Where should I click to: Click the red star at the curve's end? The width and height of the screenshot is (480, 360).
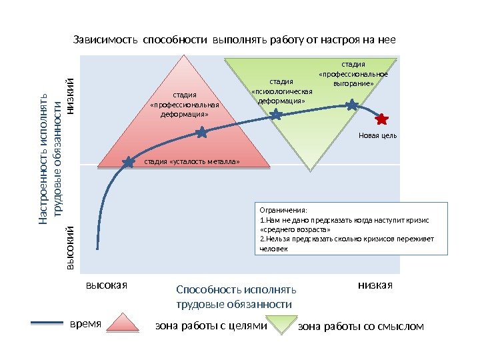pyautogui.click(x=381, y=119)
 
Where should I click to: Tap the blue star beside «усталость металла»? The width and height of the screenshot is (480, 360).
pyautogui.click(x=130, y=161)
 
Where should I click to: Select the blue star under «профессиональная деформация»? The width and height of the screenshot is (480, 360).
pyautogui.click(x=201, y=133)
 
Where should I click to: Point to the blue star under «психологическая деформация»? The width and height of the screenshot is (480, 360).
pyautogui.click(x=275, y=115)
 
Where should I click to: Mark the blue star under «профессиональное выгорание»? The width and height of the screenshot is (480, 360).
pyautogui.click(x=351, y=104)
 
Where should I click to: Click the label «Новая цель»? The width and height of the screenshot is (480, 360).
pyautogui.click(x=377, y=135)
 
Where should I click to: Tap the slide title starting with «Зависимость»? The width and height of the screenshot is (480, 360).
pyautogui.click(x=234, y=39)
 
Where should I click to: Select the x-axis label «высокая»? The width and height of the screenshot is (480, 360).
pyautogui.click(x=106, y=285)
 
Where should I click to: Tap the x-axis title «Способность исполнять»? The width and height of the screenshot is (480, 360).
pyautogui.click(x=236, y=290)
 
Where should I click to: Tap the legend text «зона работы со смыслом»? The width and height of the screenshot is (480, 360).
pyautogui.click(x=361, y=327)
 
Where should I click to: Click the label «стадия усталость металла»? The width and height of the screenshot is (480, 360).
pyautogui.click(x=191, y=161)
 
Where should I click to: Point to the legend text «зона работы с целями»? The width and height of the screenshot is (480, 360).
pyautogui.click(x=211, y=327)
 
